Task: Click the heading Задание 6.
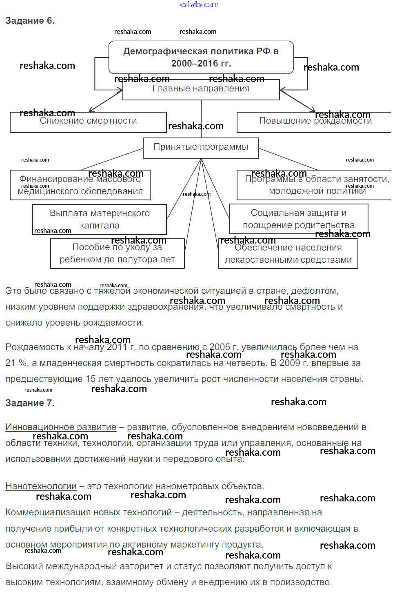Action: coord(30,21)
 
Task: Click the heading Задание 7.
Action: coord(30,403)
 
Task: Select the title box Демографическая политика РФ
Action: coord(201,57)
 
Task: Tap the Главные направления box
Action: coord(201,89)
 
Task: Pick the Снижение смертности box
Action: coord(88,122)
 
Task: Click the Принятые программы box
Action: coord(201,148)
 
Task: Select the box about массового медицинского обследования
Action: coord(80,185)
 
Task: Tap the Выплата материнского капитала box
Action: coord(100,220)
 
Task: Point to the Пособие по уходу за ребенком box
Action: coord(117,253)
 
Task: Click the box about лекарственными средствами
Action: coord(288,253)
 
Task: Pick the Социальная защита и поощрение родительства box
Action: coord(298,219)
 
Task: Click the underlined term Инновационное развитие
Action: coord(61,427)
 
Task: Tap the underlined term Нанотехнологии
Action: coord(41,486)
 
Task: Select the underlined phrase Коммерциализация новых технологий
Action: coord(89,512)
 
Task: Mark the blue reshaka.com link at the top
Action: coord(198,4)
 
